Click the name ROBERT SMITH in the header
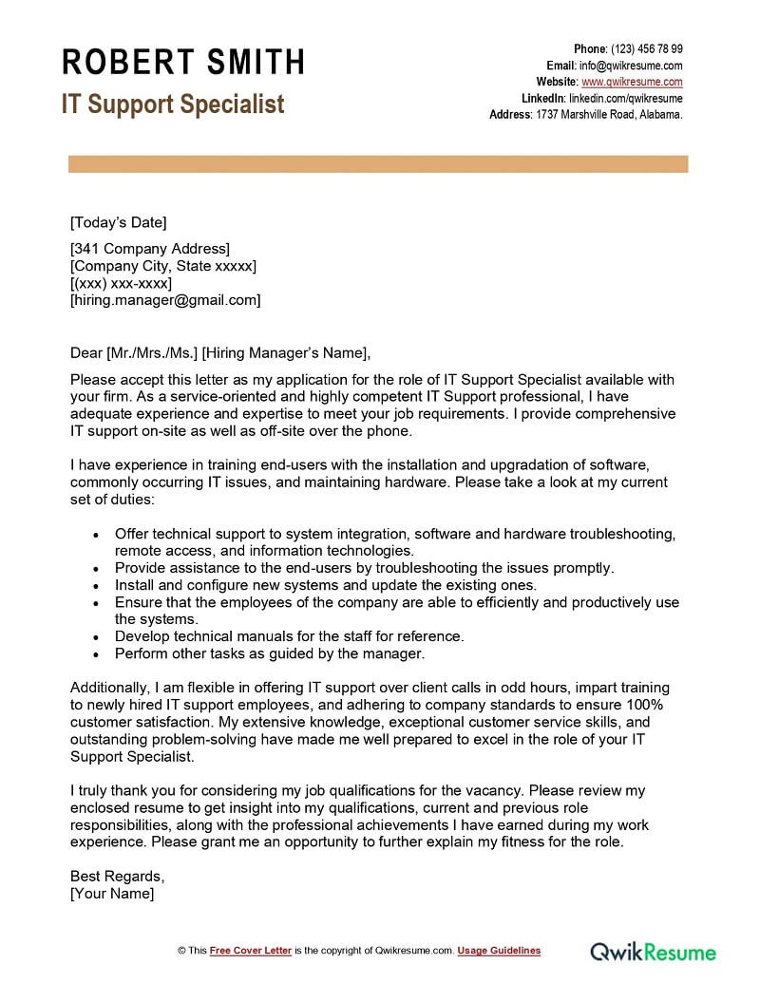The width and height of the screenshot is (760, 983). (183, 63)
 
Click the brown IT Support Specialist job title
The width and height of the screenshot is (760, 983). (173, 104)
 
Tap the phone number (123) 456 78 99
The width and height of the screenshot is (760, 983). (646, 49)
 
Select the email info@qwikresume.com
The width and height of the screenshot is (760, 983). (632, 66)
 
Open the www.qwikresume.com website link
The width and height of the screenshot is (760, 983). (632, 82)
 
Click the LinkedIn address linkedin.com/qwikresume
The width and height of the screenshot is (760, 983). (625, 98)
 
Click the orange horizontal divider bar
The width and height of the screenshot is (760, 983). (378, 165)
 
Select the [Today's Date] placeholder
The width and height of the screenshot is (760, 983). (118, 223)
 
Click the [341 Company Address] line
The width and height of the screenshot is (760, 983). (150, 249)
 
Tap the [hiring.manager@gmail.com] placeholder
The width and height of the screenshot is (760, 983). (165, 300)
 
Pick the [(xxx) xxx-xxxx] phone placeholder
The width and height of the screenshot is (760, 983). (122, 283)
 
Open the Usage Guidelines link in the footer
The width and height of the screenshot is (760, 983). (499, 951)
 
